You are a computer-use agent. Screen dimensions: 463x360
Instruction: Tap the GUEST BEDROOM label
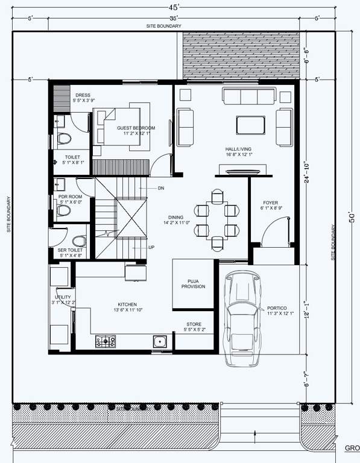click(136, 128)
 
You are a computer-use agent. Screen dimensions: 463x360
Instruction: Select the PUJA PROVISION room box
click(194, 283)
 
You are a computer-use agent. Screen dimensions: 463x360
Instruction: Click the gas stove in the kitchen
click(106, 342)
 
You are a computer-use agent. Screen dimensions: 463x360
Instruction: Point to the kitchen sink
click(160, 342)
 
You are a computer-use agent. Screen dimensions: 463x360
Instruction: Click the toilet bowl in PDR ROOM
click(62, 209)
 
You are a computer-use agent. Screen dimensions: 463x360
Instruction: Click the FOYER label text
click(269, 203)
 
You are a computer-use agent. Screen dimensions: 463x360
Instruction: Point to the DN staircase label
click(161, 188)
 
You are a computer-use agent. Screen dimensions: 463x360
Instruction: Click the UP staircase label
click(152, 247)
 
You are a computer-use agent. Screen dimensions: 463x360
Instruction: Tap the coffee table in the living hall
click(250, 124)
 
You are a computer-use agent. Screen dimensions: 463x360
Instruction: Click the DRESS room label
click(83, 95)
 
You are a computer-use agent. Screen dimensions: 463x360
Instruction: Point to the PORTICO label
click(276, 308)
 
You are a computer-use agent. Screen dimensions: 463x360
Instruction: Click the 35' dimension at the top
click(174, 18)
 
